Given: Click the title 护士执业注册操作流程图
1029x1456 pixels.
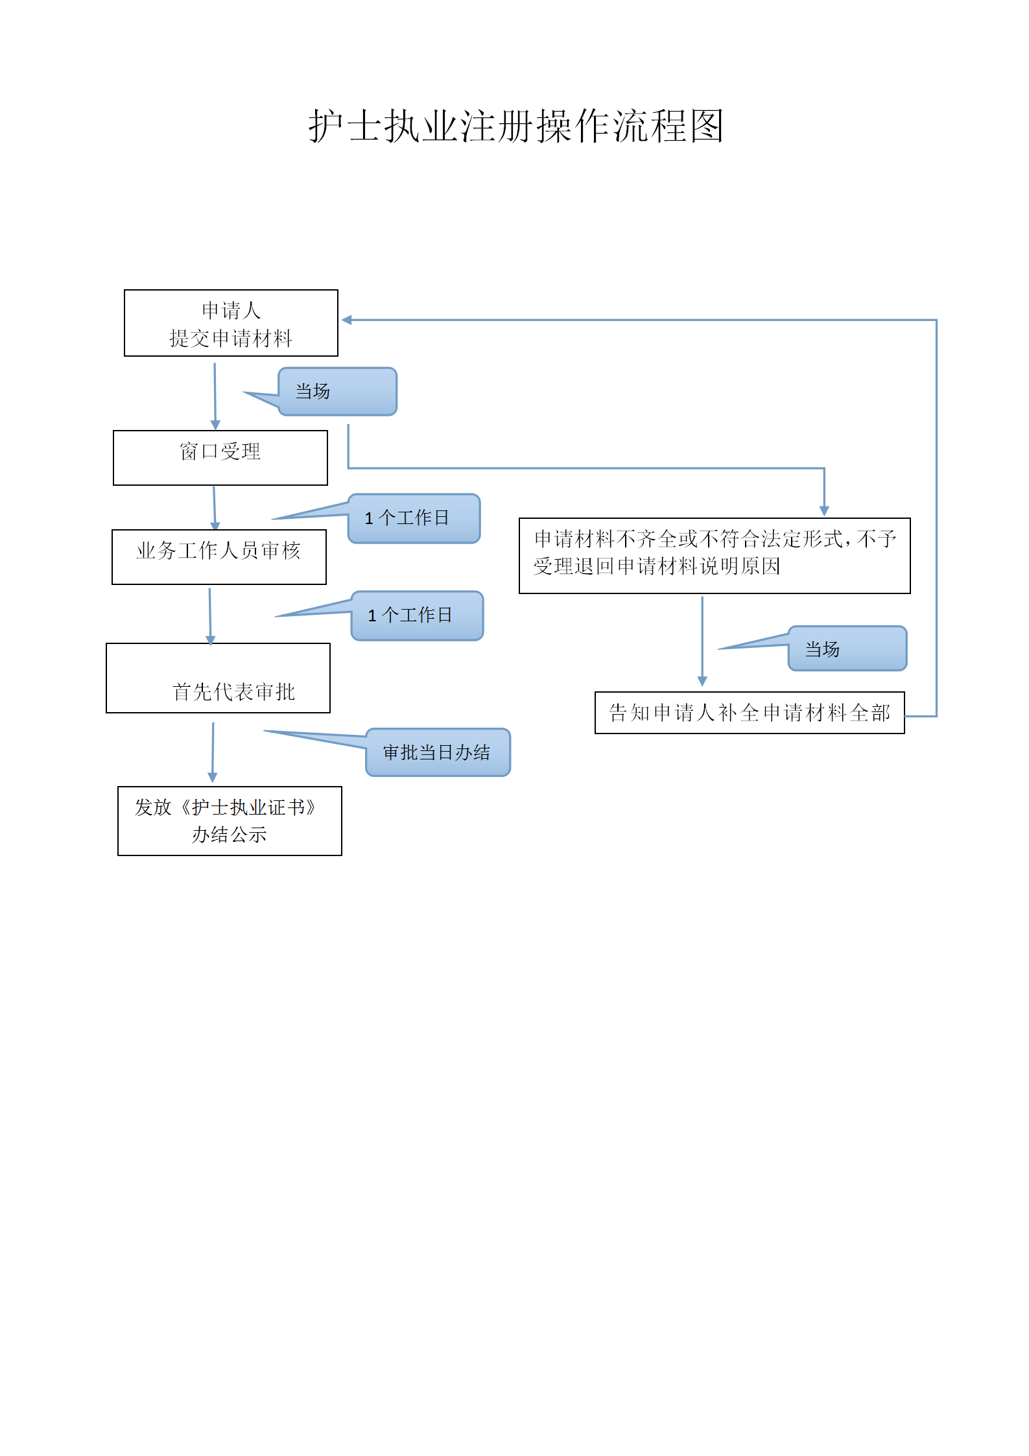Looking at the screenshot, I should coord(515,126).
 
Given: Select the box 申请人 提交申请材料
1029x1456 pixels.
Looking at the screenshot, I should coord(231,323).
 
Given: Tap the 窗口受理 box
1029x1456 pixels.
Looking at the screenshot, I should coord(220,457).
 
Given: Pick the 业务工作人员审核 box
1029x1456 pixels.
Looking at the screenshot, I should coord(219,556).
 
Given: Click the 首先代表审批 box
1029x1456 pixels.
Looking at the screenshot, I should coord(219,678).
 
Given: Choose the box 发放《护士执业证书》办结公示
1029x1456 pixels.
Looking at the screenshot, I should coord(230,820).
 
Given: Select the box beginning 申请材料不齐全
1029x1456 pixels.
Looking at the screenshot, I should coord(715,555).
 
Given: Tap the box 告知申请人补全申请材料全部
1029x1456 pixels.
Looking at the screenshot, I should coord(750,713).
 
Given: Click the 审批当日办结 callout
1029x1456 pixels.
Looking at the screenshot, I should coord(438,752).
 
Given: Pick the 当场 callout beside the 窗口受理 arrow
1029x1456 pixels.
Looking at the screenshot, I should coord(337,392).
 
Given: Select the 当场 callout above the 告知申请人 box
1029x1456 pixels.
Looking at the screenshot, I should coord(847,649).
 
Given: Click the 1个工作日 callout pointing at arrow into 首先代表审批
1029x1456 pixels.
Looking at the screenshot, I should coord(417,615).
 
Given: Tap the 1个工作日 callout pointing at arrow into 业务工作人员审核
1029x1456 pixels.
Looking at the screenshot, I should coord(414,518).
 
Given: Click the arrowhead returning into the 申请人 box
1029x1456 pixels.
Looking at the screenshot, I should coord(347,320).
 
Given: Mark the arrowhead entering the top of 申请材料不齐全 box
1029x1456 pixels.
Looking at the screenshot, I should coord(824,511).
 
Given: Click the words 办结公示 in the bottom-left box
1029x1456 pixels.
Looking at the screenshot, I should coord(230,835).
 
